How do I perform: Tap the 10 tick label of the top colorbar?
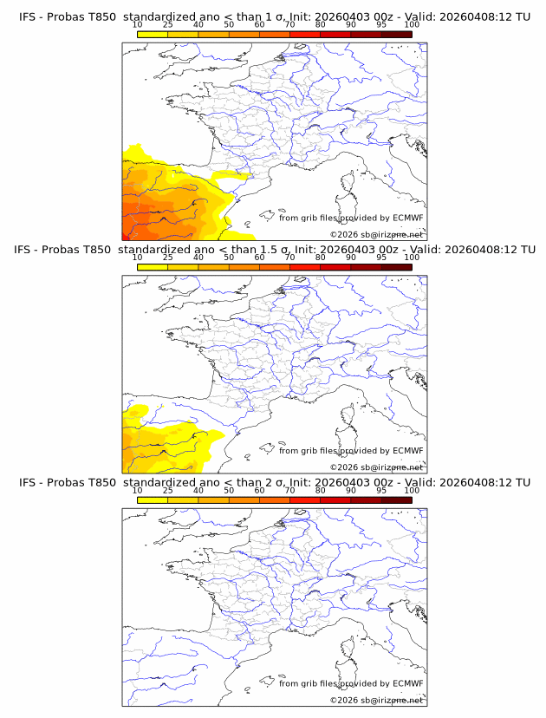point(138,25)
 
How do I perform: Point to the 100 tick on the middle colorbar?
point(412,258)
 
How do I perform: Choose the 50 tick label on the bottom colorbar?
point(229,491)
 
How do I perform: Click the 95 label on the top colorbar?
point(381,25)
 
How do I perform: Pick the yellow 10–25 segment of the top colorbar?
point(153,34)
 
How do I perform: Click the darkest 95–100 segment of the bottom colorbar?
point(396,499)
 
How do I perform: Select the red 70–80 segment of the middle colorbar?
point(304,267)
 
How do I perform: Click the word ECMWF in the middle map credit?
point(408,451)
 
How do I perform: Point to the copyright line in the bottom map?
point(376,700)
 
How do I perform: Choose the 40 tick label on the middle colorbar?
point(198,258)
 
